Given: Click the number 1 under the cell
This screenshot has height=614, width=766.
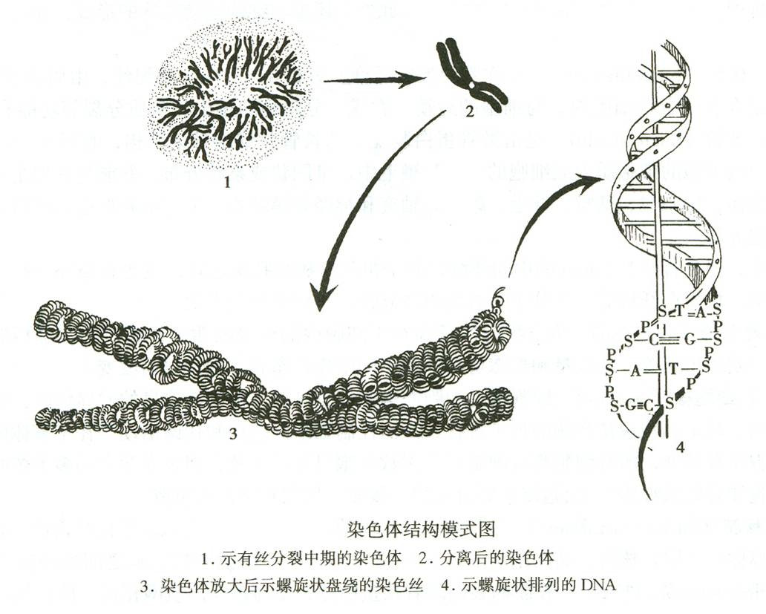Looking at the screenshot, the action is [x=226, y=183].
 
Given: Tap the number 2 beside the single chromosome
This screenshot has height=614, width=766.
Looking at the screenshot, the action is [x=469, y=112].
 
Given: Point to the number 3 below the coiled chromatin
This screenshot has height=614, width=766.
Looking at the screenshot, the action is [x=233, y=434].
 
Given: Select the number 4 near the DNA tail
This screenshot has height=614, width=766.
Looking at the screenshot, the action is [x=681, y=448].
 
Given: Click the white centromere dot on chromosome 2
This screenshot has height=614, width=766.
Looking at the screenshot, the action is [x=471, y=85].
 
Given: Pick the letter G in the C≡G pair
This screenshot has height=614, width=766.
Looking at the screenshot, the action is [x=690, y=340].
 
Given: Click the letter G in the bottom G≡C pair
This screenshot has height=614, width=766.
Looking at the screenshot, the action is [x=629, y=405].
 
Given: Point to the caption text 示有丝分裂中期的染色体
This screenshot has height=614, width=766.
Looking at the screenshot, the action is [x=311, y=558].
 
